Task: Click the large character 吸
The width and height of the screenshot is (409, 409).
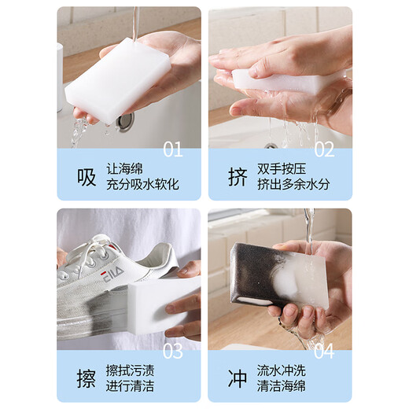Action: tap(86, 175)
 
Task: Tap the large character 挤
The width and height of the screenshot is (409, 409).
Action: tap(237, 175)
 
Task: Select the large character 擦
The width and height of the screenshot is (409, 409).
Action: tap(86, 378)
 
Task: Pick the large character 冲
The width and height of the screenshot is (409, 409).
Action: tap(237, 378)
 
